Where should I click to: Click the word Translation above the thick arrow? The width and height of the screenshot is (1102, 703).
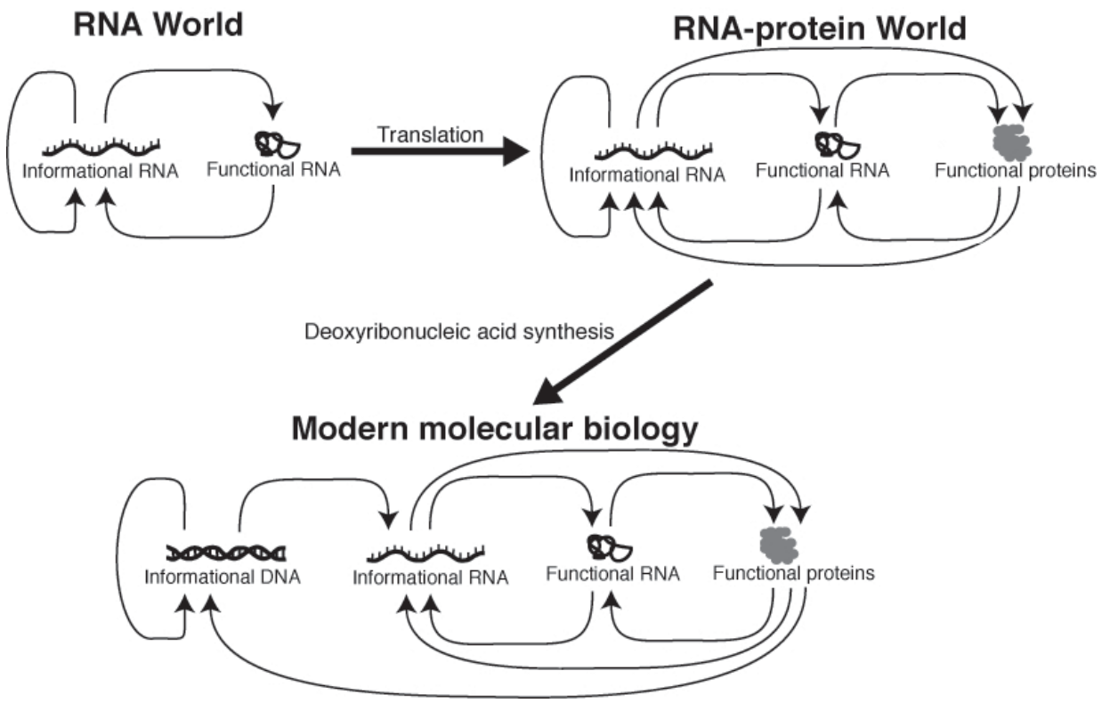pyautogui.click(x=431, y=134)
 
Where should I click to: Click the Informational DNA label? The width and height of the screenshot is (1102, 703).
pyautogui.click(x=222, y=577)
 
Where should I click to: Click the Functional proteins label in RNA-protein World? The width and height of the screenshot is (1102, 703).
pyautogui.click(x=1016, y=172)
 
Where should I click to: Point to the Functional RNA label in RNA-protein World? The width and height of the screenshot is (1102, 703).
pyautogui.click(x=822, y=171)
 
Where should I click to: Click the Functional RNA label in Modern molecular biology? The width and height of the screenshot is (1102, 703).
pyautogui.click(x=612, y=574)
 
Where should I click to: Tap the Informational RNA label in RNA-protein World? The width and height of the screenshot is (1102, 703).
pyautogui.click(x=647, y=174)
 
